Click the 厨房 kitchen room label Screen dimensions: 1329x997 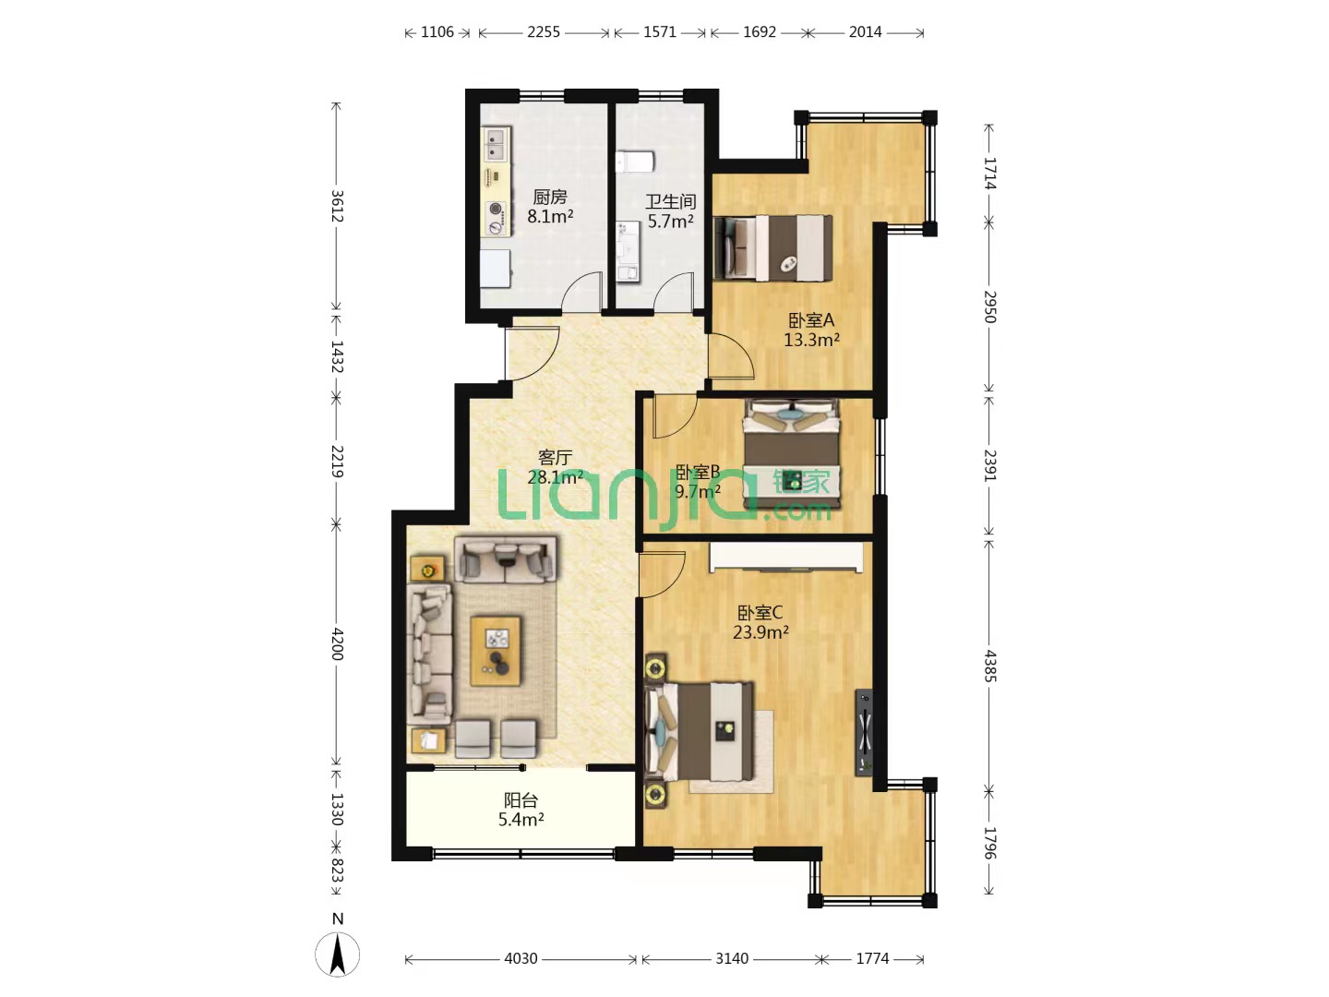pyautogui.click(x=550, y=198)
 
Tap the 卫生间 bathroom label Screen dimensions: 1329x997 pyautogui.click(x=670, y=201)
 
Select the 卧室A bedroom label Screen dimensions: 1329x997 pyautogui.click(x=811, y=319)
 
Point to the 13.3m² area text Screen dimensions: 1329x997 pyautogui.click(x=811, y=340)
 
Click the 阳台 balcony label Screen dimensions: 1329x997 pyautogui.click(x=521, y=800)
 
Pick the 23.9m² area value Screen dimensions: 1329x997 pyautogui.click(x=760, y=632)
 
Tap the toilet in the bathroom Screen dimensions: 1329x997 pyautogui.click(x=635, y=162)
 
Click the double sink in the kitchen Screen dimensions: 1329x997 pyautogui.click(x=496, y=144)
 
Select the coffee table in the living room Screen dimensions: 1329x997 pyautogui.click(x=496, y=651)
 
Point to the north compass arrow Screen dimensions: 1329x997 pyautogui.click(x=337, y=954)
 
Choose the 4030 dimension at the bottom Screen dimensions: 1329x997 pyautogui.click(x=521, y=959)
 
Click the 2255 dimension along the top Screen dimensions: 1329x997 pyautogui.click(x=543, y=32)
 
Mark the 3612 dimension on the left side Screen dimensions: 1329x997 pyautogui.click(x=337, y=207)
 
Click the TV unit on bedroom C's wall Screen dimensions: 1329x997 pyautogui.click(x=864, y=732)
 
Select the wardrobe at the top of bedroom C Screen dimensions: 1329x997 pyautogui.click(x=786, y=557)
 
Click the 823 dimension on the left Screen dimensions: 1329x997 pyautogui.click(x=337, y=871)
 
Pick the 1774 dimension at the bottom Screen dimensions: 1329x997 pyautogui.click(x=872, y=959)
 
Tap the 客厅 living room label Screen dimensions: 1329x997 pyautogui.click(x=555, y=457)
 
